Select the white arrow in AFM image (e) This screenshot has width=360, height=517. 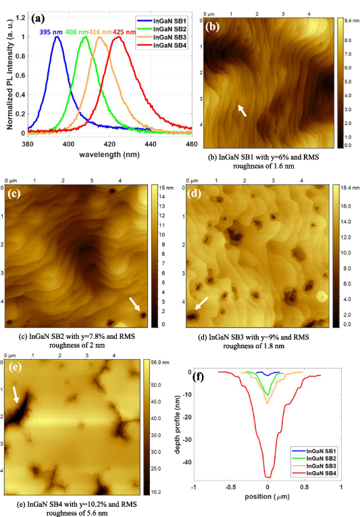[17, 395]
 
